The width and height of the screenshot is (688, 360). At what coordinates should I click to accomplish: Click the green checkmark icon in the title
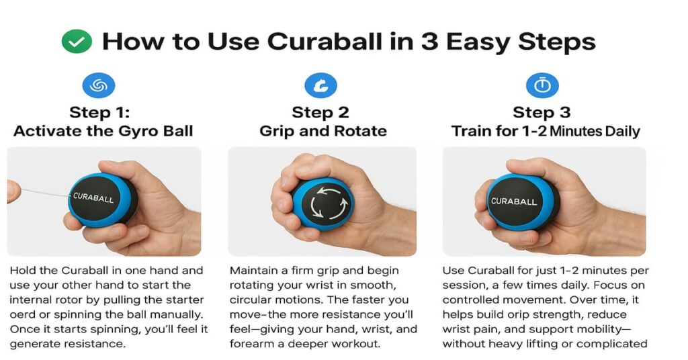click(76, 42)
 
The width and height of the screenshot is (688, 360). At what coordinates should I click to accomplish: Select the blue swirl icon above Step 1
click(99, 85)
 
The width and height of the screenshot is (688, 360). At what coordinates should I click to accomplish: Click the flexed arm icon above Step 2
click(320, 85)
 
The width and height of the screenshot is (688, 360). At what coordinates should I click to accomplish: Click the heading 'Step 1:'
click(99, 111)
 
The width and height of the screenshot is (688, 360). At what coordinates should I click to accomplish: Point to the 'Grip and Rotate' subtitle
click(322, 130)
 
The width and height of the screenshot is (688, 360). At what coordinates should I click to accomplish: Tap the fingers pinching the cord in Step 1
click(13, 191)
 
